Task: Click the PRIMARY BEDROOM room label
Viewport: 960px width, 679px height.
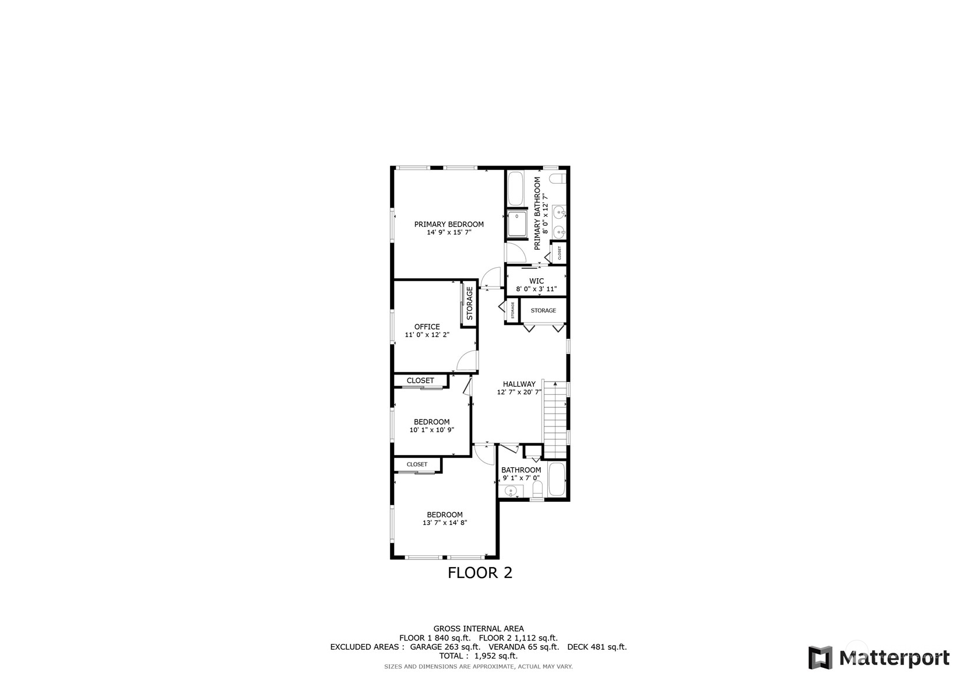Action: coord(449,224)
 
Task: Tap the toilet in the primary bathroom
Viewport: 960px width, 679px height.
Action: coord(558,178)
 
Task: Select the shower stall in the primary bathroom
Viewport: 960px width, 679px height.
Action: coord(516,224)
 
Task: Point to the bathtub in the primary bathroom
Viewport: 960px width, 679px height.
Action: coord(515,188)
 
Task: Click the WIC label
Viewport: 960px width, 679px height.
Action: coord(536,281)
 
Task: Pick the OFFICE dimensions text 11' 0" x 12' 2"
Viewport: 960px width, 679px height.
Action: coord(427,335)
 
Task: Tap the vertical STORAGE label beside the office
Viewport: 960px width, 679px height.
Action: coord(469,303)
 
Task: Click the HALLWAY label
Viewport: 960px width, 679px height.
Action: coord(519,384)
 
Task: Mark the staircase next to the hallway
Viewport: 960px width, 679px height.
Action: coord(555,420)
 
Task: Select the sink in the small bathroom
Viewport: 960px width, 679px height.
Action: coord(511,491)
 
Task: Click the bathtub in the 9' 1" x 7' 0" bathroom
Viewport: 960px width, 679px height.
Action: coord(557,480)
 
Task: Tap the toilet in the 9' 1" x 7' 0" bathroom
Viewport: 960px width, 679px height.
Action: coord(537,489)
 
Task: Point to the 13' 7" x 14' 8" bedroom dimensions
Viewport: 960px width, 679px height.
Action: coord(444,523)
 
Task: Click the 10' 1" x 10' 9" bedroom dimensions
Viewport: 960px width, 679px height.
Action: coord(431,430)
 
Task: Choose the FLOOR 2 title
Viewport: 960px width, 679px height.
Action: coord(480,573)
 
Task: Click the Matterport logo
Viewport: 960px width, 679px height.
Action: coord(879,657)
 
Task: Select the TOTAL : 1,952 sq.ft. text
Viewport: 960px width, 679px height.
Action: coord(479,656)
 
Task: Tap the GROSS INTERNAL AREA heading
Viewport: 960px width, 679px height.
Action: coord(479,629)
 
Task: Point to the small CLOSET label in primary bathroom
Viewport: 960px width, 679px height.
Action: coord(560,253)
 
